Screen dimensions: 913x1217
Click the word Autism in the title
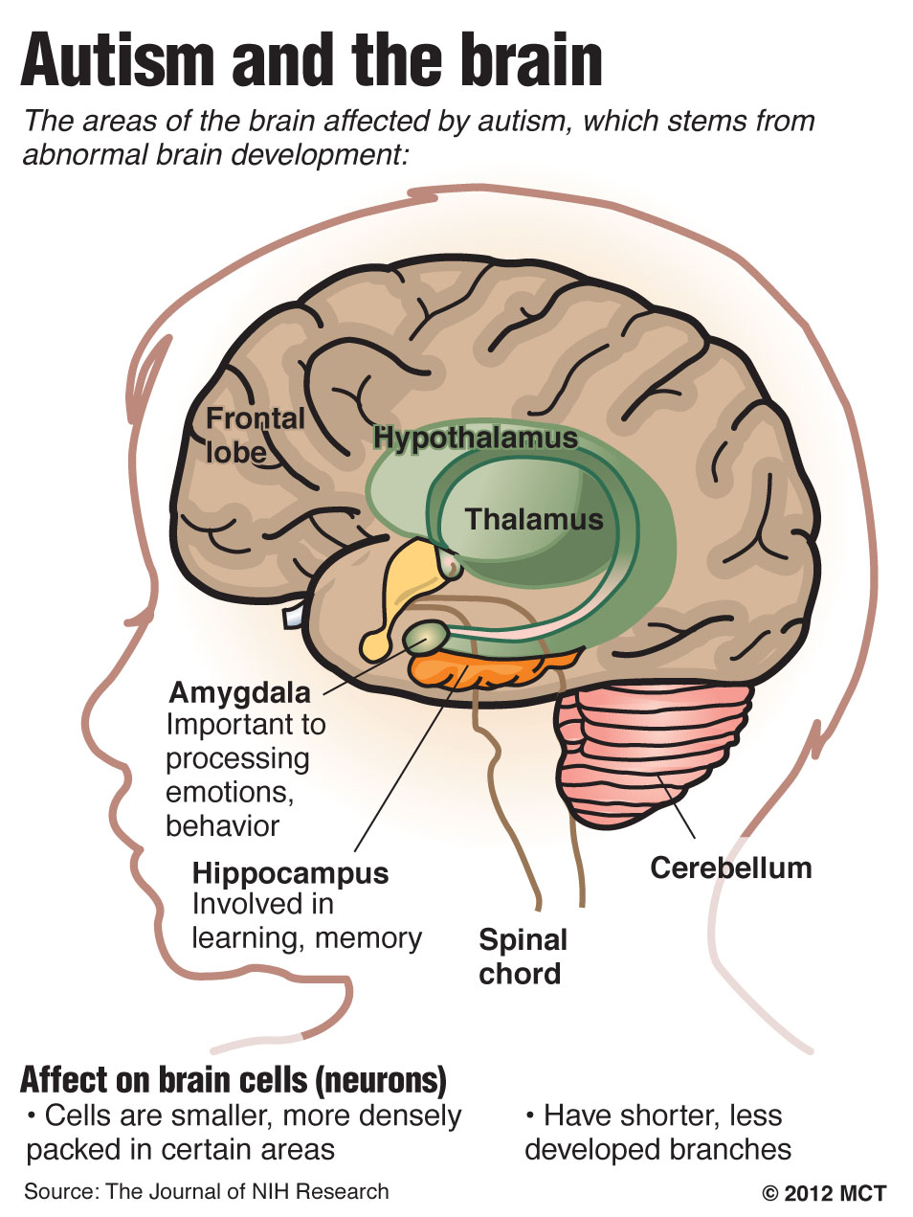(x=118, y=59)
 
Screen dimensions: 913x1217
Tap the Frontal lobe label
(x=255, y=436)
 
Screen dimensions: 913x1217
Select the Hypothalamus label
(x=476, y=439)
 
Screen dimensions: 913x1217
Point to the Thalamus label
(x=534, y=520)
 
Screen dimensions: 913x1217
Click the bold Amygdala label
(x=239, y=693)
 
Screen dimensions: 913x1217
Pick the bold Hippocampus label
(x=290, y=874)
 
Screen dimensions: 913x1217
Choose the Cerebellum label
(x=731, y=868)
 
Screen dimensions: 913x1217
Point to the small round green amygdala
(x=426, y=637)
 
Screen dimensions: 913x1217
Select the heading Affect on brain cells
(x=233, y=1081)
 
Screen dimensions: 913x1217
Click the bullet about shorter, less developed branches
(x=657, y=1132)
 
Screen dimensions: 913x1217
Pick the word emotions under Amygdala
(x=230, y=793)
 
